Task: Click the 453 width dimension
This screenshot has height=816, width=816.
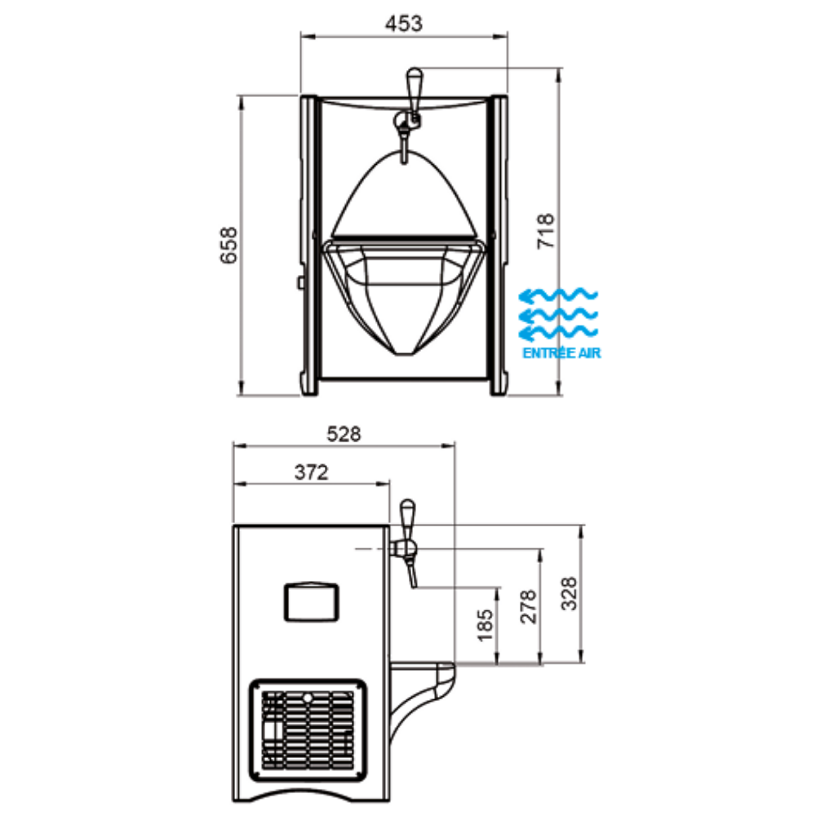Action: coord(404,24)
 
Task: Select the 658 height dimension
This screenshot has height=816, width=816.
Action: coord(228,246)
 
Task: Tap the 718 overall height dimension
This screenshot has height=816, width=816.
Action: coord(545,231)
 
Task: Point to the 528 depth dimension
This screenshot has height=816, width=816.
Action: coord(344,433)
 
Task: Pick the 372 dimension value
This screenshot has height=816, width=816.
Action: coord(311,472)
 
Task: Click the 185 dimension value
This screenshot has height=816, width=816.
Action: coord(485,625)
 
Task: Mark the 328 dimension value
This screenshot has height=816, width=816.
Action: coord(570,594)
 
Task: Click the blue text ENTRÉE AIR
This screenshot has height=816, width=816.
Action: coord(561,353)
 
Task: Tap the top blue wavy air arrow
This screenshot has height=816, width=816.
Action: coord(558,295)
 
